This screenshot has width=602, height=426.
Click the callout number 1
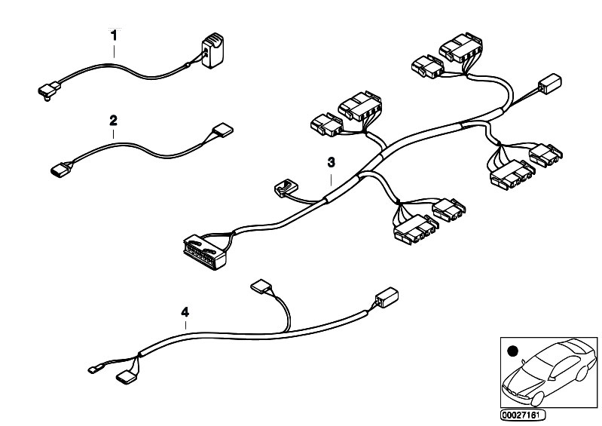(x=114, y=35)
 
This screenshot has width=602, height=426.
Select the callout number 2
(x=113, y=121)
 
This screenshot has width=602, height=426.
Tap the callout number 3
(x=331, y=163)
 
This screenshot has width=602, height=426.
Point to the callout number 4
(x=185, y=312)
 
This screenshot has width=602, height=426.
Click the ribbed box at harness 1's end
(x=212, y=51)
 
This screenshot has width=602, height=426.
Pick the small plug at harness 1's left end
(x=49, y=90)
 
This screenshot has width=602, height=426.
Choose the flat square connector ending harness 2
(x=223, y=130)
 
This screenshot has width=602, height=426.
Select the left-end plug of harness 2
(x=61, y=170)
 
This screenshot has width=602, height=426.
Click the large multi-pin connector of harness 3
(x=206, y=252)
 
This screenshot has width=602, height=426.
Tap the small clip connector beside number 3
(x=286, y=188)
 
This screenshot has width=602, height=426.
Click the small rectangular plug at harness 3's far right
(x=550, y=84)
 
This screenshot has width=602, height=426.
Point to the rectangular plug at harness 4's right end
(x=387, y=297)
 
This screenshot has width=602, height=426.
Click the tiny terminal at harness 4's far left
(x=93, y=370)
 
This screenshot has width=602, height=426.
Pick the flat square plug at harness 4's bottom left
(x=126, y=377)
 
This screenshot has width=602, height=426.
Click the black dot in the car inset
(x=512, y=351)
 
